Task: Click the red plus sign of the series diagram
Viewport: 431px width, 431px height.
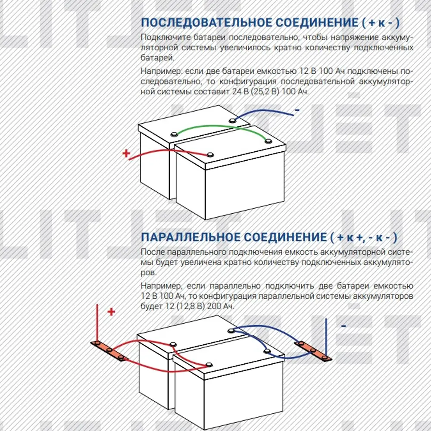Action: [x=126, y=153]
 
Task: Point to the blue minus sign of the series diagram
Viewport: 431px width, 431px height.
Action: [x=297, y=110]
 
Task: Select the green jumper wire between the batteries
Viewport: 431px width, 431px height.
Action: [x=220, y=127]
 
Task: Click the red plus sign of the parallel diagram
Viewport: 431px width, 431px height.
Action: [x=111, y=312]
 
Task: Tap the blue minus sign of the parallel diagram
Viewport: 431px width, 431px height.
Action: [x=344, y=326]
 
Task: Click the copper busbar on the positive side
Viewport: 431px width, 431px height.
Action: [x=109, y=350]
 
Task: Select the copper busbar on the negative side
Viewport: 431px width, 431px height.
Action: [x=313, y=351]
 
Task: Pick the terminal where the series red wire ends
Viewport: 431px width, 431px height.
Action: [x=210, y=155]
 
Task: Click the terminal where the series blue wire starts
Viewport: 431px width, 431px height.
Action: [x=232, y=120]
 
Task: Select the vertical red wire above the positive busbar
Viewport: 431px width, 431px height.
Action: [x=97, y=323]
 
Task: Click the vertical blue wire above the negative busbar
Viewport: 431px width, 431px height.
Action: [x=326, y=337]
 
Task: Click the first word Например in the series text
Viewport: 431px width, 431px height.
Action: [x=161, y=71]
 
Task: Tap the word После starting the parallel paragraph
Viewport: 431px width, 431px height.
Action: [x=153, y=252]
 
